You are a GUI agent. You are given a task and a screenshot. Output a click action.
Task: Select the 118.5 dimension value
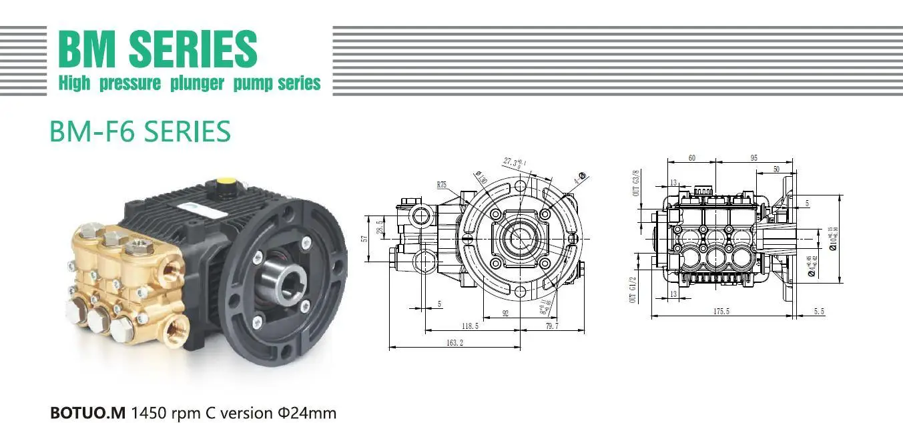tap(469, 326)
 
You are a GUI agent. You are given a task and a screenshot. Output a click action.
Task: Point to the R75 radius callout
tap(442, 184)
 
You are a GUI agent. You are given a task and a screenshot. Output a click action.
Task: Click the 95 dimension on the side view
tap(754, 158)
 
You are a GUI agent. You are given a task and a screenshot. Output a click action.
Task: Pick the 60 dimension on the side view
tap(691, 158)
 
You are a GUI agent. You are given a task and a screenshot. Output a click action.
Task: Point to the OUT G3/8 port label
tap(637, 183)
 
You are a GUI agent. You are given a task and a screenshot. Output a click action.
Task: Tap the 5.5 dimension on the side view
tap(819, 312)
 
